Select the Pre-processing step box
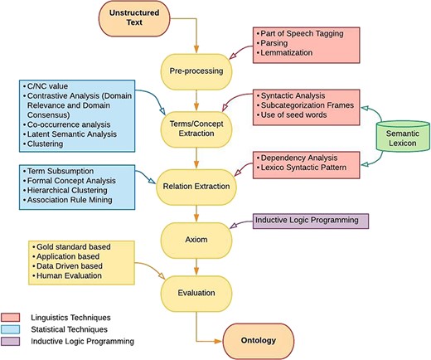[x=196, y=72]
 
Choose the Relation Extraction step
[x=196, y=178]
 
